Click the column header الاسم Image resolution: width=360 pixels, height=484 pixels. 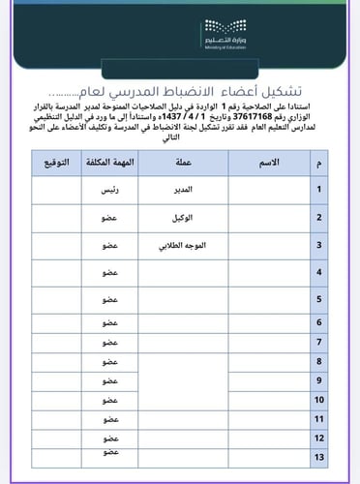pyautogui.click(x=271, y=162)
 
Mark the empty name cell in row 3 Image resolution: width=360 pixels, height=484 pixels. pyautogui.click(x=270, y=246)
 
